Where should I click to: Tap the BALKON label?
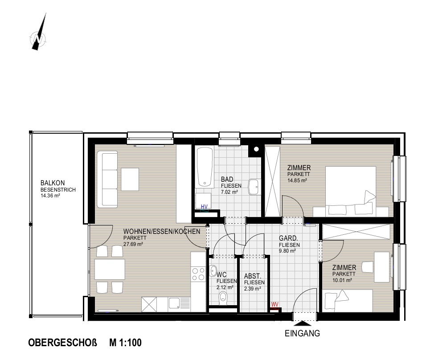(x=53, y=183)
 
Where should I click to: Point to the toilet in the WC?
(x=223, y=299)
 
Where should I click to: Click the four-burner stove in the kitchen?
(x=198, y=274)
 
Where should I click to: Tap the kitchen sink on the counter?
(x=175, y=304)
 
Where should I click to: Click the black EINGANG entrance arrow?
(x=302, y=323)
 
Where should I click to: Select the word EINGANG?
(x=302, y=334)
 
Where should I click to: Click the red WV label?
(x=275, y=305)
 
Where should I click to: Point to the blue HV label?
(x=204, y=207)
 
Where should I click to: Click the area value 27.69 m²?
(x=133, y=244)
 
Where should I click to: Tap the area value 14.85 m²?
(x=297, y=180)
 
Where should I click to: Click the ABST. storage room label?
(x=253, y=276)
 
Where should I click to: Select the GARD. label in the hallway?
(x=288, y=238)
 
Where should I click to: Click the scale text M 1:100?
(x=125, y=343)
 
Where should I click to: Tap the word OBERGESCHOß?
(x=62, y=343)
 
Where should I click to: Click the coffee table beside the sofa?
(x=130, y=180)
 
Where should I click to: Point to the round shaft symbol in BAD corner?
(x=256, y=149)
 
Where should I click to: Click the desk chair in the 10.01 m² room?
(x=368, y=267)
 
